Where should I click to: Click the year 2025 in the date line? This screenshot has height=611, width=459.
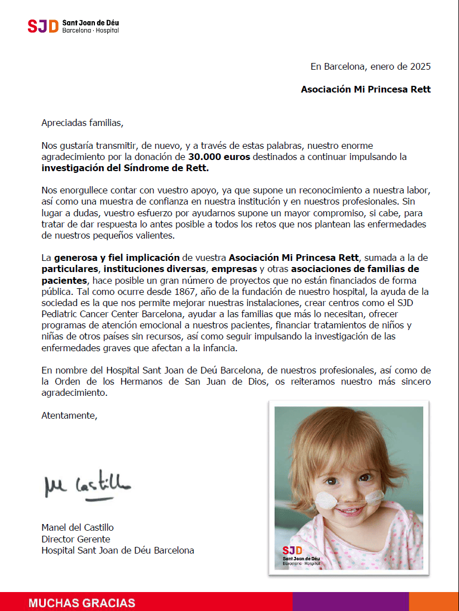(419, 67)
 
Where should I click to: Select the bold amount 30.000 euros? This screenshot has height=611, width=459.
(219, 157)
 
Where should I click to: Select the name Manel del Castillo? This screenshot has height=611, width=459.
(78, 527)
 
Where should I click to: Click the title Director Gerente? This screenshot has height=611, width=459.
(76, 539)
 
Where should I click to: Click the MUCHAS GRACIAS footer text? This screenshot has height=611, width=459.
(82, 603)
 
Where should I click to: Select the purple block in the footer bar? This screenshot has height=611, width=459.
(350, 602)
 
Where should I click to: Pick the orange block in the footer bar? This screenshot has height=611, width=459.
(433, 602)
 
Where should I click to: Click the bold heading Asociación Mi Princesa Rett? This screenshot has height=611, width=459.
(366, 89)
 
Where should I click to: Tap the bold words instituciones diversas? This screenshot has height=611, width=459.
(157, 269)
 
